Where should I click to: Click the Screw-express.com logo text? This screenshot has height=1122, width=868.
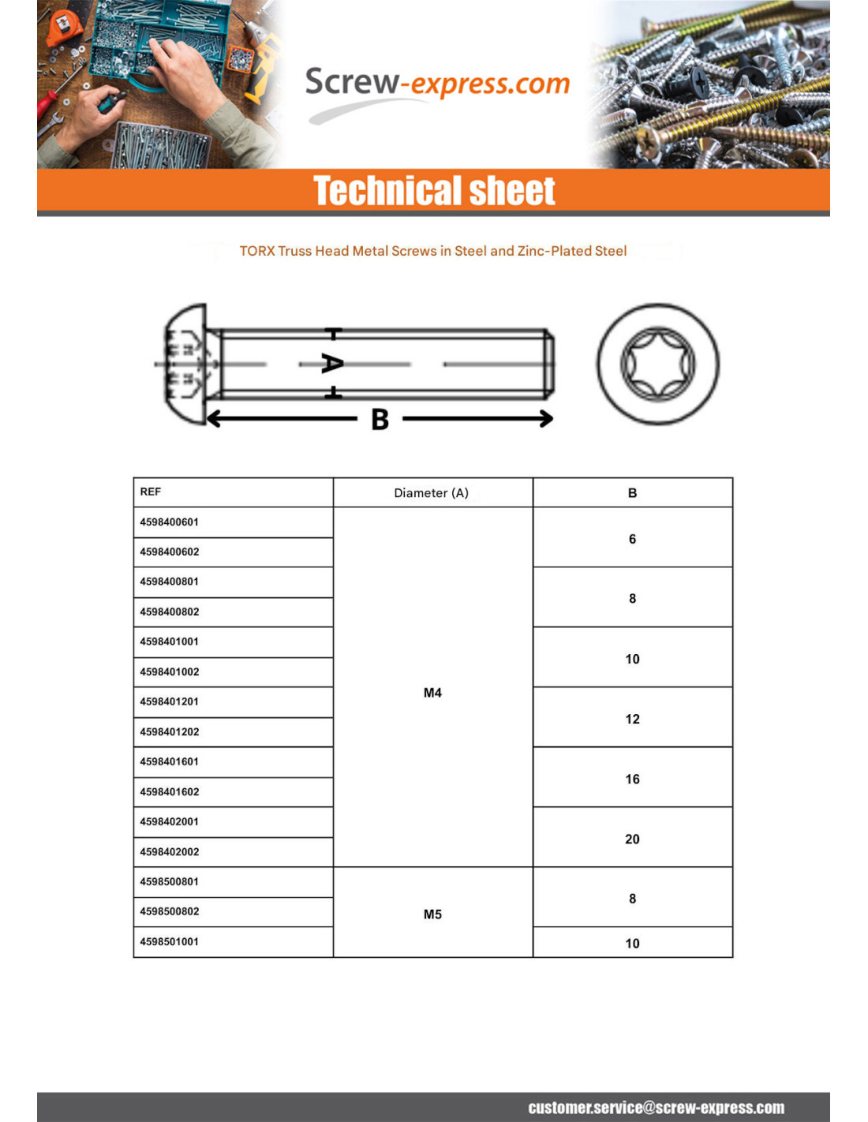[437, 83]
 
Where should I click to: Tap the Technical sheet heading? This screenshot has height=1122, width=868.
[434, 191]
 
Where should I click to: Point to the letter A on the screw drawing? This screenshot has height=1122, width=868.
[332, 364]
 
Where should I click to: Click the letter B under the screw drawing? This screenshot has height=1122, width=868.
[380, 419]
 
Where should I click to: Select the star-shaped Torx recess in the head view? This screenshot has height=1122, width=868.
[657, 365]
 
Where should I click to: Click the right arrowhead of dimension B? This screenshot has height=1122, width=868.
[546, 418]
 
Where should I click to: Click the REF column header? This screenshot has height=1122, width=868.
[151, 492]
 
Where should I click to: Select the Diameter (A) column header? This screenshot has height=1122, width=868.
[432, 492]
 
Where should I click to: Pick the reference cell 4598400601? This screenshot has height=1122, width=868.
[170, 522]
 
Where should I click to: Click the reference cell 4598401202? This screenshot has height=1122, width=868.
[170, 732]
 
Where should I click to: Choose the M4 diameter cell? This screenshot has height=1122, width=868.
[432, 693]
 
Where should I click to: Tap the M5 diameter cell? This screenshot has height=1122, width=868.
[432, 914]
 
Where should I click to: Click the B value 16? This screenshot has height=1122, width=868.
[632, 779]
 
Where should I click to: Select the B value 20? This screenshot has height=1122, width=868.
[632, 839]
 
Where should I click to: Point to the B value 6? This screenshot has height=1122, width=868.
[632, 539]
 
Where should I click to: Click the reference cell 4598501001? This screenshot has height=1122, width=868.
[170, 942]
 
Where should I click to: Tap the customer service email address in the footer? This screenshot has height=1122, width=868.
[656, 1108]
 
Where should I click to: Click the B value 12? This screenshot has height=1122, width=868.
[632, 719]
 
